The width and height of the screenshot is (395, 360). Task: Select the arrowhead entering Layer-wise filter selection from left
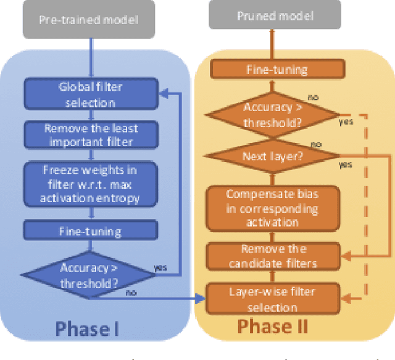click(201, 298)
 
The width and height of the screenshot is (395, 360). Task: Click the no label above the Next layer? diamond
click(315, 144)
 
